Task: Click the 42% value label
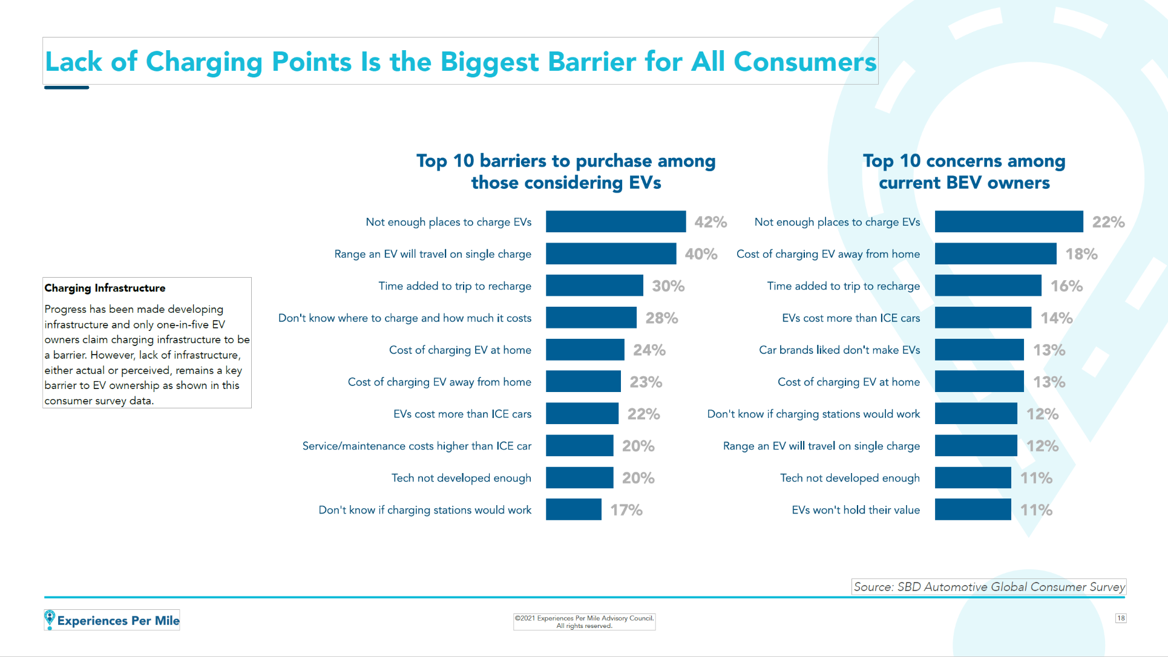[710, 222]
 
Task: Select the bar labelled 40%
[611, 253]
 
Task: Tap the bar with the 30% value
[594, 286]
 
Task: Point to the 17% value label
[626, 510]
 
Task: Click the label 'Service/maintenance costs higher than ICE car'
[416, 446]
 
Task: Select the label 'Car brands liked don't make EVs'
[839, 350]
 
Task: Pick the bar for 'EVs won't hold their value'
[973, 509]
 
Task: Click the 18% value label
[1081, 254]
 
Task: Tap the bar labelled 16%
[988, 286]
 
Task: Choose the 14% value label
[1056, 318]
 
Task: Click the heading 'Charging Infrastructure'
[105, 288]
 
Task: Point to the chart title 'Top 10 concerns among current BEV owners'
[964, 172]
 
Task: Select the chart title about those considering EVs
[566, 172]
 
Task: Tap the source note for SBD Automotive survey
[989, 587]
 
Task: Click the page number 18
[1121, 618]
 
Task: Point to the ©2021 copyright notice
[584, 621]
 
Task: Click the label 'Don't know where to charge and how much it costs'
[404, 318]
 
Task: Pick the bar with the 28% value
[591, 318]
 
